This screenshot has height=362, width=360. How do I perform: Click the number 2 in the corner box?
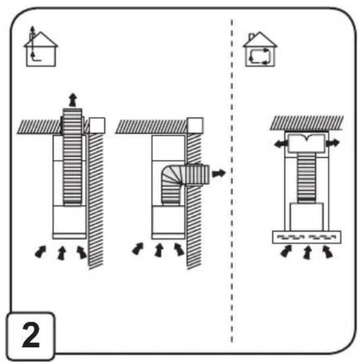point(31,335)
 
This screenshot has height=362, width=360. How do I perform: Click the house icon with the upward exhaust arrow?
point(41,47)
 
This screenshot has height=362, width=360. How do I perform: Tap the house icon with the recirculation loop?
point(260,49)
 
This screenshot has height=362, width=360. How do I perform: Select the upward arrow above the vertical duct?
point(73,100)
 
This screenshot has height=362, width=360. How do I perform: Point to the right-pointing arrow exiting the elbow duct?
point(219,173)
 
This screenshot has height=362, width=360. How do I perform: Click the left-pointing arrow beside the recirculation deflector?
point(281,144)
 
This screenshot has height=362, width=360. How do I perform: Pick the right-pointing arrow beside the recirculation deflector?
point(333,143)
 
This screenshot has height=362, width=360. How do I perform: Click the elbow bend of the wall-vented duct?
point(172,175)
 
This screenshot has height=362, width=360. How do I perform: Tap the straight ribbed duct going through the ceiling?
point(72,157)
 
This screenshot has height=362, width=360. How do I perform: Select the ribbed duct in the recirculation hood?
point(307,178)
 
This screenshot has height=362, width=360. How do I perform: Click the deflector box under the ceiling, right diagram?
point(307,143)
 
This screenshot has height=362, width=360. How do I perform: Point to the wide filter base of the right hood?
point(307,237)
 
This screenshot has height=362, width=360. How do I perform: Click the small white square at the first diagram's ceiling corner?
point(97,125)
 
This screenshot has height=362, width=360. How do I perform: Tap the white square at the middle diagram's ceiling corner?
point(195,125)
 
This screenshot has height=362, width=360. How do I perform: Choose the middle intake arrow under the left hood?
point(62,253)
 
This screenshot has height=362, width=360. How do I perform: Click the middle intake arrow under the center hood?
point(159,250)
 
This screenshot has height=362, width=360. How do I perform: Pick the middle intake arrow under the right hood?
point(307,253)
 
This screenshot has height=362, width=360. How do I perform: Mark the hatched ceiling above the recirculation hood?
point(307,123)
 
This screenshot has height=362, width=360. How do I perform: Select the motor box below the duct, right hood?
point(307,217)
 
